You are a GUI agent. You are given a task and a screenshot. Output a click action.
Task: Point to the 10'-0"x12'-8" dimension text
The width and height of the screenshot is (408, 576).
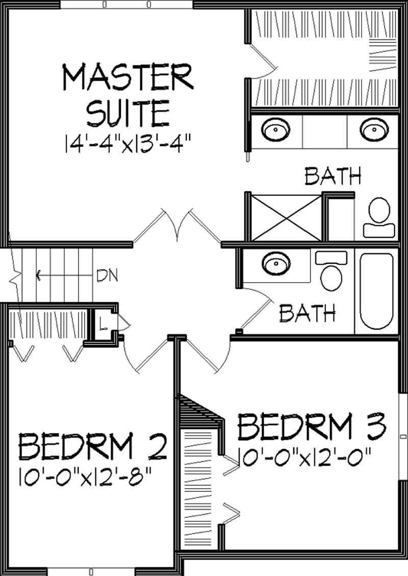87,480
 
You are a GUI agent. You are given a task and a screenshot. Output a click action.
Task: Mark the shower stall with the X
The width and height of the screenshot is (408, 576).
287,217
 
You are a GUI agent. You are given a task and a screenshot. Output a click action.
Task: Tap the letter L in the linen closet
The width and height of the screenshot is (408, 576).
103,323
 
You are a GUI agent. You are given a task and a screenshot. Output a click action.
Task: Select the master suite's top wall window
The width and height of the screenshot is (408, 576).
126,5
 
